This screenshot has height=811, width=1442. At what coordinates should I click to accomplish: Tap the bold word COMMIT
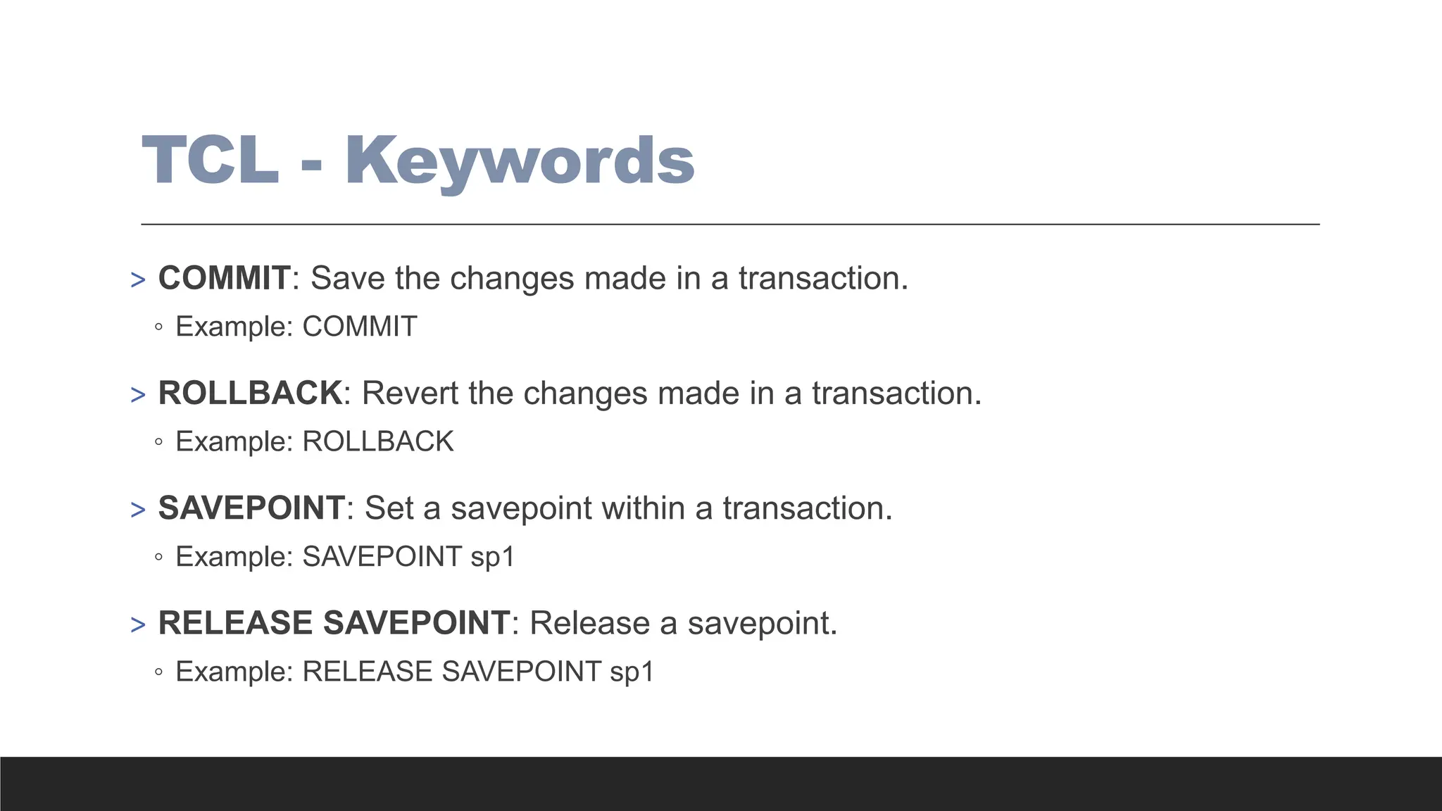pos(224,278)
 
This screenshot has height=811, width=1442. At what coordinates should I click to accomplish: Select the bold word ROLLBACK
pos(250,393)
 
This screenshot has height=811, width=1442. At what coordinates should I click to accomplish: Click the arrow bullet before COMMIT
pos(138,279)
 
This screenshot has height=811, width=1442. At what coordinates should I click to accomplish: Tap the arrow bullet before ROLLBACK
pos(138,394)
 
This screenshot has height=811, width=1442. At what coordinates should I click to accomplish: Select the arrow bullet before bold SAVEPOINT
pos(138,509)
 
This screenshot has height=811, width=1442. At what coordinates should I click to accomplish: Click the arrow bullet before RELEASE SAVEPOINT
pos(138,624)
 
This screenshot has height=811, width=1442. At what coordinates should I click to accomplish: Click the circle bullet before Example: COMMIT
pos(158,327)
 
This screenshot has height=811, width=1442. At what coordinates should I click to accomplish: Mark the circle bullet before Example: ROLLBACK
pos(158,442)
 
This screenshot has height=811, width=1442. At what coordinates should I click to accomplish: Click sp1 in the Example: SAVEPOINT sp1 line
pos(493,557)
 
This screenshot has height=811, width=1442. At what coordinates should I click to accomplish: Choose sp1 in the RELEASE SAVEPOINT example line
pos(632,672)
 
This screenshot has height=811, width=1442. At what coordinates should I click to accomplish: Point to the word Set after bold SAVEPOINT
pos(389,508)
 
